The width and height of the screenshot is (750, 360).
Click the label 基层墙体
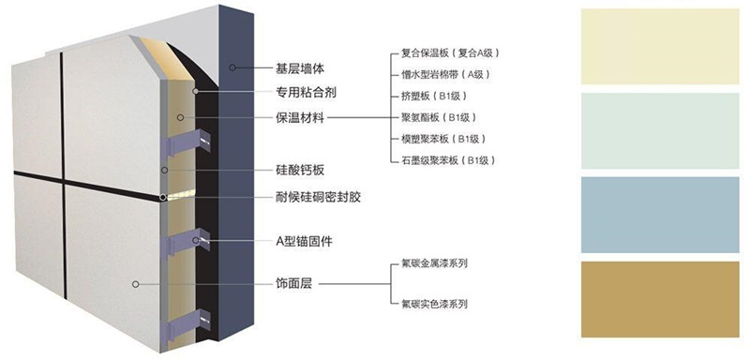300,68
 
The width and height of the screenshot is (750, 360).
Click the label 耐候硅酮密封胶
319,198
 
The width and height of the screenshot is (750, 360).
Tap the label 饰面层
293,282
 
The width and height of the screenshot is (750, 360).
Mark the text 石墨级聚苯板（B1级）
448,160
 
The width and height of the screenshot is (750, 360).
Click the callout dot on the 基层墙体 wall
234,67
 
